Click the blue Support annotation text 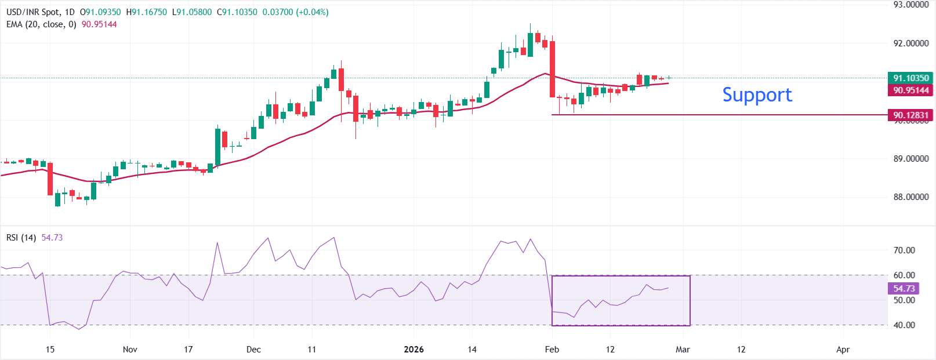click(757, 94)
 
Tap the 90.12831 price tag click(910, 115)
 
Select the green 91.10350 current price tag click(910, 78)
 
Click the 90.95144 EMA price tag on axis click(910, 90)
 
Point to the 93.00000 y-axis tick click(910, 5)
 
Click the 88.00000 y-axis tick click(910, 197)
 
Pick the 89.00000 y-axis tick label click(910, 159)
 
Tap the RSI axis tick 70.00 click(904, 250)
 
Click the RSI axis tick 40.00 click(904, 325)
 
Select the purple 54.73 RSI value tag click(904, 288)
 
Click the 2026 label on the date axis click(413, 350)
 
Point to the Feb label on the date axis click(552, 350)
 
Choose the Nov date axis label click(130, 350)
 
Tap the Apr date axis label click(843, 350)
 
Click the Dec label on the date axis click(253, 350)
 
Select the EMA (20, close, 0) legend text click(41, 24)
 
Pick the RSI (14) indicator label click(21, 238)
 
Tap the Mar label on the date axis click(683, 350)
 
